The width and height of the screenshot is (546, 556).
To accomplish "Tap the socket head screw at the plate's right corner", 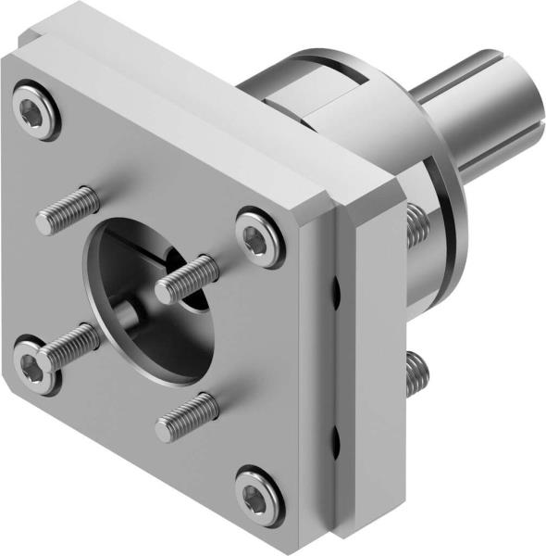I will [x=260, y=237].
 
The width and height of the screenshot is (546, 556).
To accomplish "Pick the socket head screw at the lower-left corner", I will [x=32, y=363].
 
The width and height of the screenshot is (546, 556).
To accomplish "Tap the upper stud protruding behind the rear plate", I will [x=416, y=221].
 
